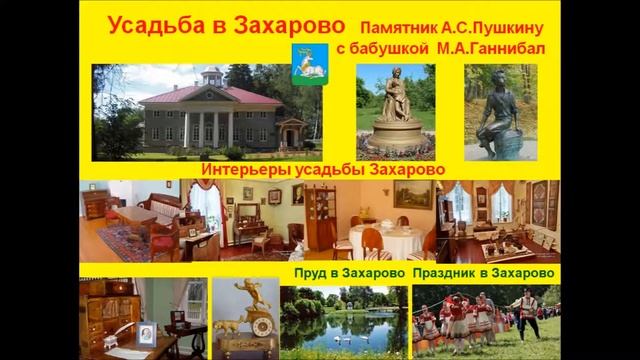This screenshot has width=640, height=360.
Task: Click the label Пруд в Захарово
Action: (x=350, y=273)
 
